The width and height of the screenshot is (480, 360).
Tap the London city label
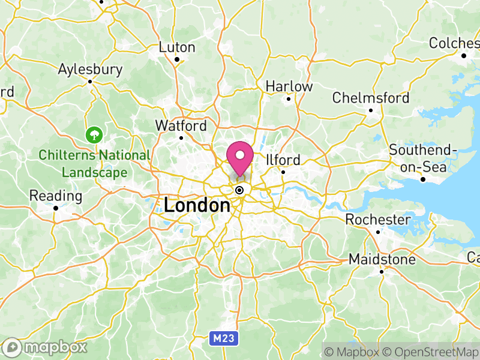(x=197, y=206)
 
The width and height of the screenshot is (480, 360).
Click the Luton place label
(x=177, y=47)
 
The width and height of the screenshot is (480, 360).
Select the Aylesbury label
(x=90, y=69)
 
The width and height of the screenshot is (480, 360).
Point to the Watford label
(x=181, y=126)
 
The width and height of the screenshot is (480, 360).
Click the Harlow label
(x=289, y=86)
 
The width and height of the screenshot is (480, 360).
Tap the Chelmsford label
(x=371, y=98)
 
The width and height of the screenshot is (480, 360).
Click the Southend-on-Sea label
(x=422, y=158)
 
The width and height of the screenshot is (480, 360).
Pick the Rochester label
(x=379, y=220)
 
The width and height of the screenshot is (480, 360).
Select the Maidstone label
(x=382, y=260)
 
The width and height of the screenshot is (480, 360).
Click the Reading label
(x=56, y=196)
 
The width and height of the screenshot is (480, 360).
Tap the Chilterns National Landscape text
(x=94, y=164)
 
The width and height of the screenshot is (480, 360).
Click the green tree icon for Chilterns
(x=94, y=134)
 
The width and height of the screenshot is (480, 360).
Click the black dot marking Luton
(x=177, y=59)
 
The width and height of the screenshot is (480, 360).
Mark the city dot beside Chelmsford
(x=371, y=110)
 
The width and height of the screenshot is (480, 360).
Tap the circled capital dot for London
(x=240, y=190)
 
